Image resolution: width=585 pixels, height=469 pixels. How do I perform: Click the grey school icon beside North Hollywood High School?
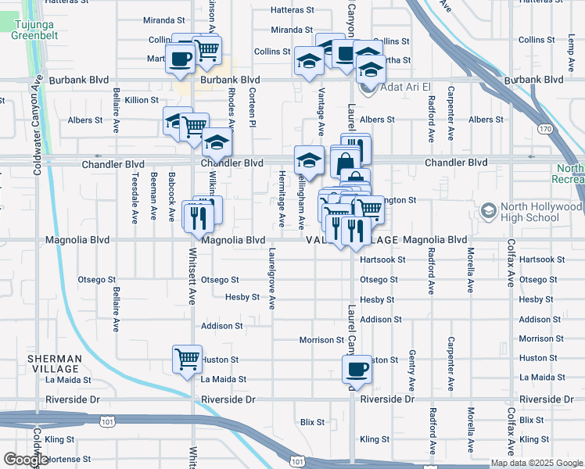(489, 212)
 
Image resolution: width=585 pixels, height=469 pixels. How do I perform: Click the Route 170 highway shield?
(546, 127)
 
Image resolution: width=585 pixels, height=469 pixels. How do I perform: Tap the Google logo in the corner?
(26, 460)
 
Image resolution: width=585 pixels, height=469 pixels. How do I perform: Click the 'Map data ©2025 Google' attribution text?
(536, 463)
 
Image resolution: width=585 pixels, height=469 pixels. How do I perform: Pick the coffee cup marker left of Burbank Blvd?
(181, 59)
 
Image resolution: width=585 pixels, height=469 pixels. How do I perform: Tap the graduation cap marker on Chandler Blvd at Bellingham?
(309, 160)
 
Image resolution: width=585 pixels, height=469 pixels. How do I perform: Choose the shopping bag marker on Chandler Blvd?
(344, 164)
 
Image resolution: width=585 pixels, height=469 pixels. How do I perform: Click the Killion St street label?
(140, 101)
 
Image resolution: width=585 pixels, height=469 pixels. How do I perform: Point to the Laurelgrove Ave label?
(272, 278)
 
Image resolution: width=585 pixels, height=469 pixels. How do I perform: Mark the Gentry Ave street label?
(412, 371)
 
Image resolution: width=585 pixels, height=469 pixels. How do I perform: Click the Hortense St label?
(70, 459)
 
